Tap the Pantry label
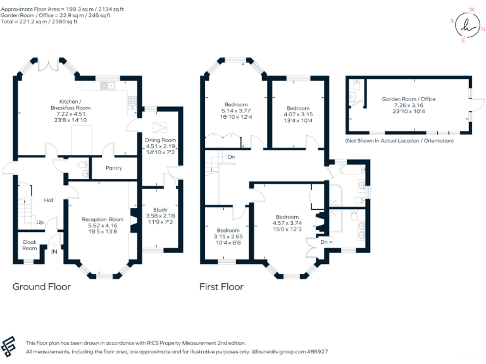click(x=110, y=168)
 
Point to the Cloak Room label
click(x=30, y=245)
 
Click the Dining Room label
click(x=160, y=140)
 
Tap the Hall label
click(x=49, y=200)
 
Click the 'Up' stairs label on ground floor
click(x=40, y=222)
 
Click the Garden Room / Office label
click(x=408, y=99)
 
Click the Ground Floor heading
click(x=42, y=286)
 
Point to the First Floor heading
click(x=221, y=286)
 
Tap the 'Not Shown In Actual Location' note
click(x=399, y=140)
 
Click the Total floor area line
click(x=40, y=22)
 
